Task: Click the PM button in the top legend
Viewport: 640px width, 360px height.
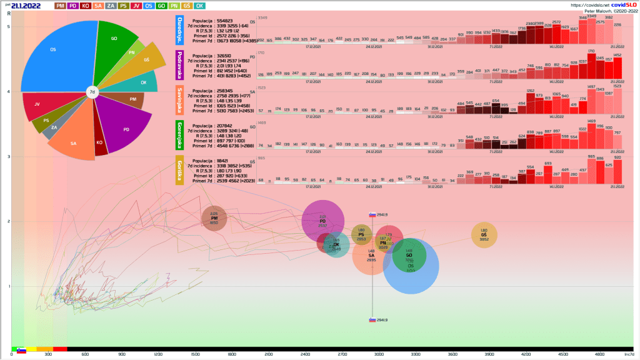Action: pos(61,6)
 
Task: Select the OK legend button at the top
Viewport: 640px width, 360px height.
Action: pos(200,6)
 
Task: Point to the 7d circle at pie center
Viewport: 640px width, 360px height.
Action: pos(92,92)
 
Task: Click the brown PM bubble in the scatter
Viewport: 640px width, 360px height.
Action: pos(214,218)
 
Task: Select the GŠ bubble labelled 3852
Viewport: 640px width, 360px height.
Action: pos(484,234)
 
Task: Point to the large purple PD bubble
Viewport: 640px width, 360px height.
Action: pos(322,221)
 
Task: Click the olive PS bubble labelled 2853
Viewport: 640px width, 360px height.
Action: pos(361,235)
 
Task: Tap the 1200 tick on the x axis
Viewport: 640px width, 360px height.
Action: pos(159,354)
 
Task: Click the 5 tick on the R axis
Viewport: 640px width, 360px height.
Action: pos(8,27)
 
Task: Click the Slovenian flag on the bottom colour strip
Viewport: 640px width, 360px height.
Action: pos(21,351)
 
